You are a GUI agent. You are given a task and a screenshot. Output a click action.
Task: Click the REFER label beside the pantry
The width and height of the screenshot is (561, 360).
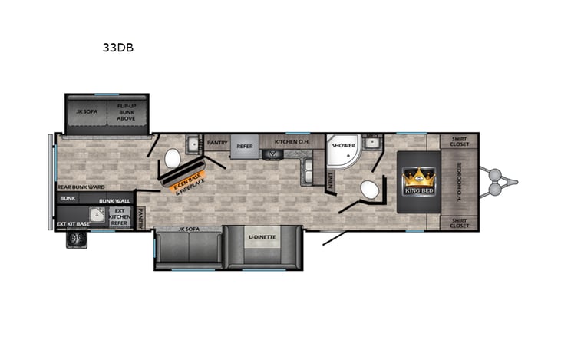(244, 146)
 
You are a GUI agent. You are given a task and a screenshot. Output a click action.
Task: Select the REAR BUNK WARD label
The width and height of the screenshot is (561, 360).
(81, 187)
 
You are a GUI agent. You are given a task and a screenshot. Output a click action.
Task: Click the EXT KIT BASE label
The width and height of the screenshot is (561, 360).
(73, 224)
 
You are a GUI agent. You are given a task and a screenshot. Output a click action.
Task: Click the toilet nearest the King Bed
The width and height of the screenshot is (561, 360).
(369, 190)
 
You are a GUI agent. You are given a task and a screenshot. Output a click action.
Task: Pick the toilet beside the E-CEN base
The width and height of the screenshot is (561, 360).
(172, 158)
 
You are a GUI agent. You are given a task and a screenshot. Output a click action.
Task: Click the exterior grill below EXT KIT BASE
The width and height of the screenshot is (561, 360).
(75, 239)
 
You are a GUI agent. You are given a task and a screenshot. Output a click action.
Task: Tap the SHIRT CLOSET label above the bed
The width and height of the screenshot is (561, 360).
(460, 141)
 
